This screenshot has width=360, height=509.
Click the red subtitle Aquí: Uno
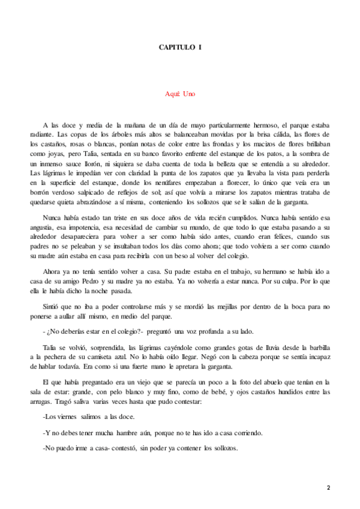180,94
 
